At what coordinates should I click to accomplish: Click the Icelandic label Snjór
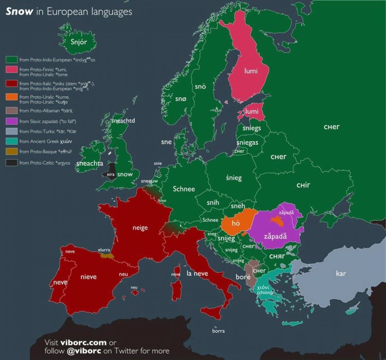click(x=78, y=42)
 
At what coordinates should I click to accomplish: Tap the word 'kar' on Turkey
click(x=341, y=273)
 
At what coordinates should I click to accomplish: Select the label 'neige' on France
click(x=140, y=228)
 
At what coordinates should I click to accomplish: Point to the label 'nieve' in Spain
click(x=88, y=277)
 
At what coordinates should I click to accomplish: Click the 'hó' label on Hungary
click(x=236, y=223)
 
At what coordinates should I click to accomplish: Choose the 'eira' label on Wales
click(x=111, y=174)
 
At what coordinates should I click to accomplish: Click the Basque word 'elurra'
click(x=104, y=250)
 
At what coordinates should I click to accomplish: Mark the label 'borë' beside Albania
click(x=243, y=277)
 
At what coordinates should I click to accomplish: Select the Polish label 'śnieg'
click(x=234, y=178)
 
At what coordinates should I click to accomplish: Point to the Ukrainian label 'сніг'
click(x=303, y=185)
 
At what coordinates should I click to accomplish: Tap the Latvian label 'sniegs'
click(x=252, y=128)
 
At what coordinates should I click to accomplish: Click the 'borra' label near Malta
click(x=218, y=331)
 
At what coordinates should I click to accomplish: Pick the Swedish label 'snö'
click(x=200, y=87)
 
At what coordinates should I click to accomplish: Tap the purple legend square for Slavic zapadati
click(x=11, y=121)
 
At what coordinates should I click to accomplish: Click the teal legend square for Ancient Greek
click(x=11, y=141)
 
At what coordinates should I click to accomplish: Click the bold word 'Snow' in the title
click(x=19, y=12)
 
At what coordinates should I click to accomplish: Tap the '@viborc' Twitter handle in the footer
click(x=84, y=350)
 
